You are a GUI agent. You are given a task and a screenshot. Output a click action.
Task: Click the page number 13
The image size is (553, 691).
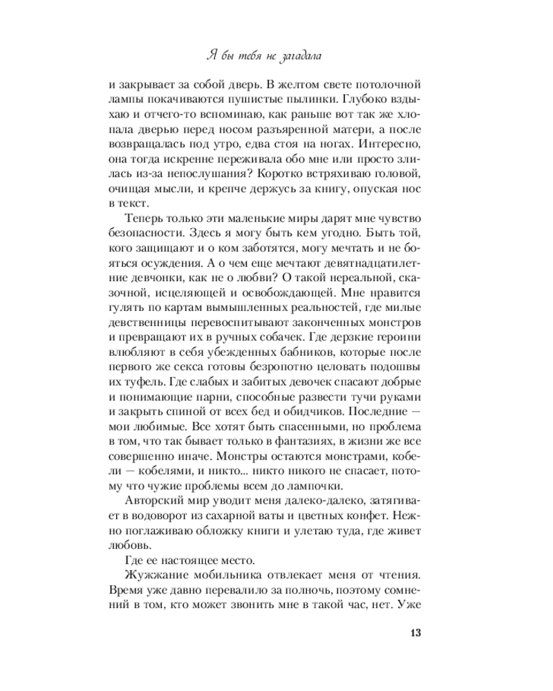tap(415, 634)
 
